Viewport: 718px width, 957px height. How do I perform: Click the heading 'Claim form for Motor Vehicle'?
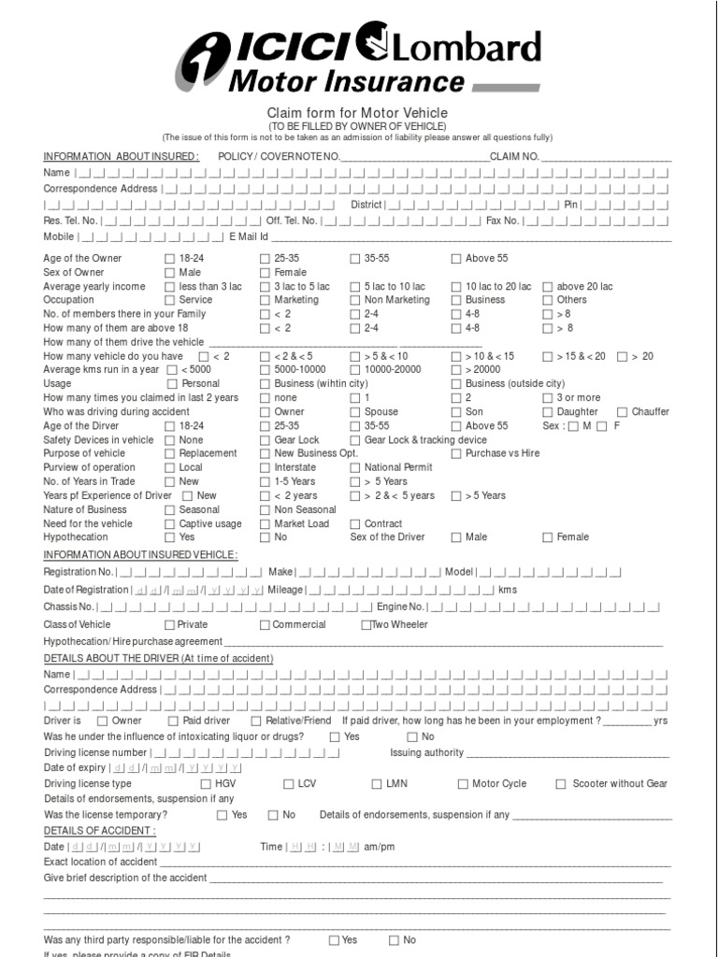(358, 113)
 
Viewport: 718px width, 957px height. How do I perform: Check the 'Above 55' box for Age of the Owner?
(456, 259)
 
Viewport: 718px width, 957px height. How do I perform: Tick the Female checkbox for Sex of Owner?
(265, 273)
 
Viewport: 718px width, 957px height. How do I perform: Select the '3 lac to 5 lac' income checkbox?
(265, 287)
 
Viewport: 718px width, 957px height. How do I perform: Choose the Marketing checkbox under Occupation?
(265, 301)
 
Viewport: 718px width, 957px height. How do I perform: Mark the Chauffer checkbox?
(621, 412)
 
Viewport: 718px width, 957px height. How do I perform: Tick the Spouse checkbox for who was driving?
(355, 412)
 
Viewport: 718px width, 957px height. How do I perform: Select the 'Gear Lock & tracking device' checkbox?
(355, 440)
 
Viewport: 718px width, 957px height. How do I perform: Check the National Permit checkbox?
(355, 467)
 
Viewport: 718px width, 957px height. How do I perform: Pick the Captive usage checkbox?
(170, 524)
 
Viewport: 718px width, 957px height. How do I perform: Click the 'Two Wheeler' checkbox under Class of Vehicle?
(366, 625)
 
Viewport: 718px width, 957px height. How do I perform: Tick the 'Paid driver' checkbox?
(174, 721)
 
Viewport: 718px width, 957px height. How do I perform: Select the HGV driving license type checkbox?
(206, 784)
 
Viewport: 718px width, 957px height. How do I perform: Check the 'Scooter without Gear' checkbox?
(561, 784)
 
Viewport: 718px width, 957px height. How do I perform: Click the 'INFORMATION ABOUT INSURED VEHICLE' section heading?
(141, 554)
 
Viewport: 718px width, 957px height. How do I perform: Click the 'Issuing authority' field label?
(426, 752)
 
